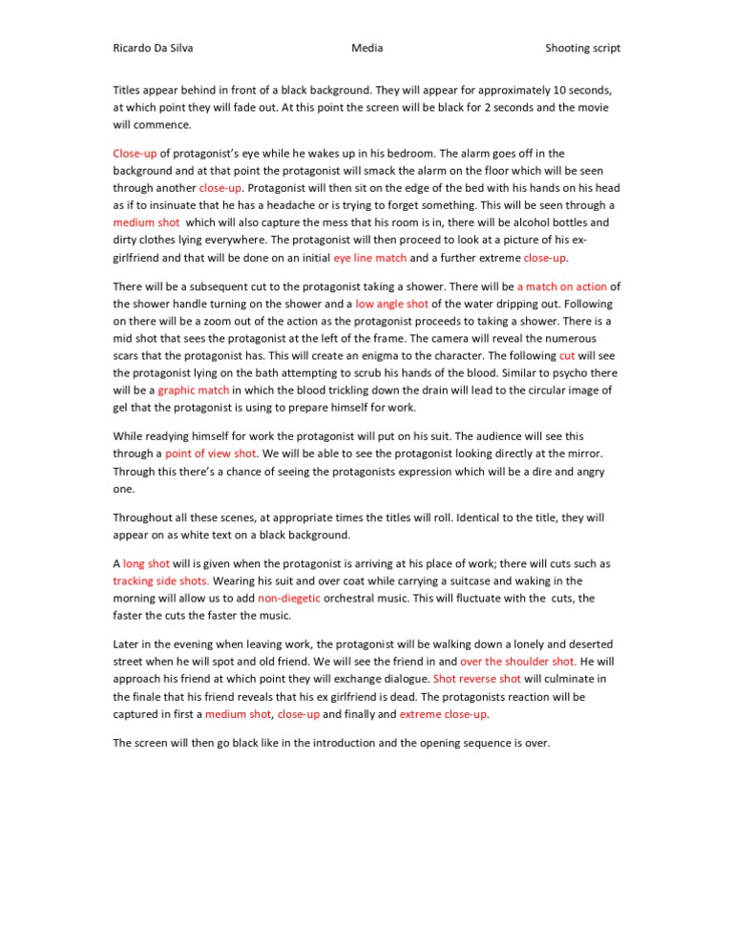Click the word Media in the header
pyautogui.click(x=366, y=48)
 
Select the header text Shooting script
pyautogui.click(x=582, y=48)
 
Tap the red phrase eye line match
pyautogui.click(x=370, y=258)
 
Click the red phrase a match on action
pyautogui.click(x=562, y=285)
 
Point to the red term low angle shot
pyautogui.click(x=392, y=304)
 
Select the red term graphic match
pyautogui.click(x=193, y=390)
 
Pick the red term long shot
pyautogui.click(x=146, y=563)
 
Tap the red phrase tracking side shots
pyautogui.click(x=161, y=580)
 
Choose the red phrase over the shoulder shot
pyautogui.click(x=518, y=661)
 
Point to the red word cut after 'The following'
pyautogui.click(x=567, y=355)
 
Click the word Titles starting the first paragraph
pyautogui.click(x=129, y=90)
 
